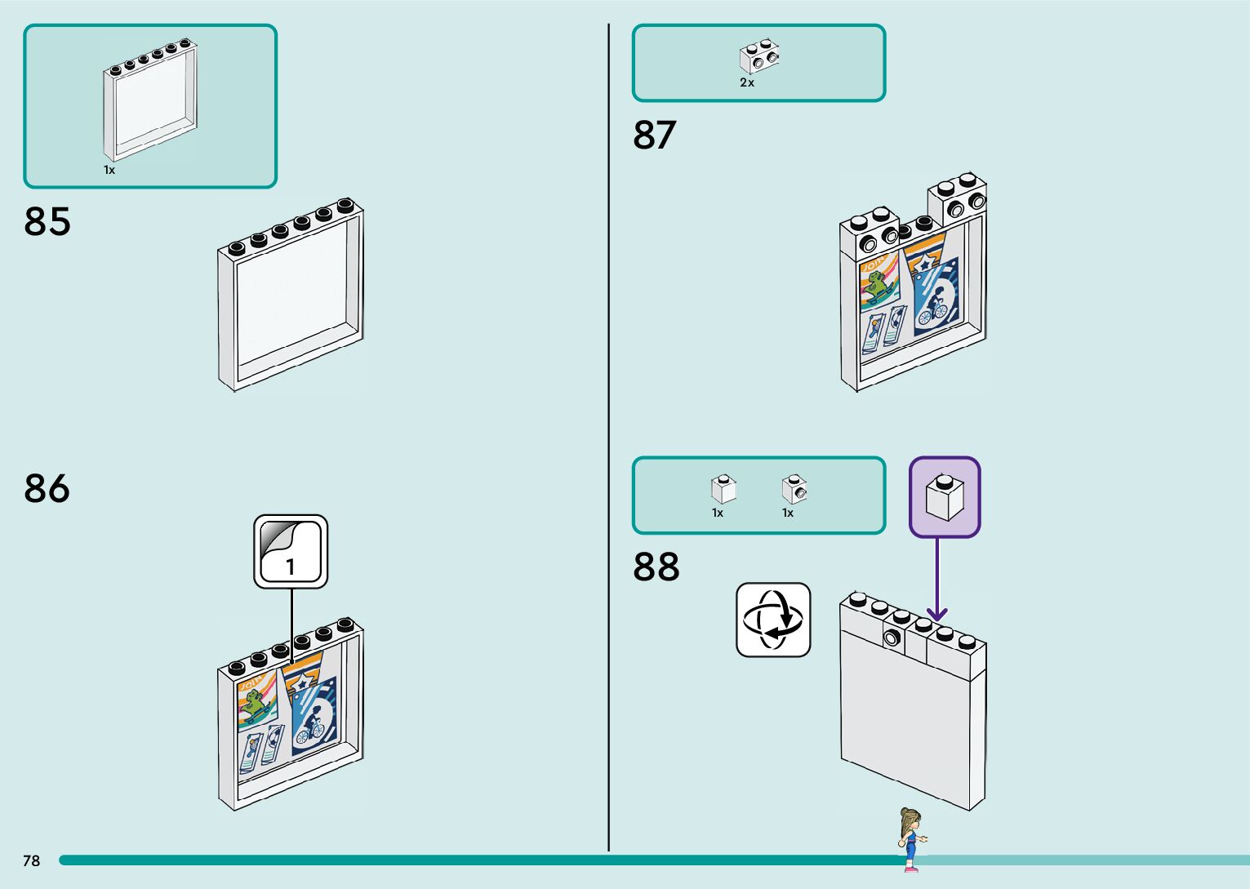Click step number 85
47,221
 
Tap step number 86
47,489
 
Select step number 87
655,136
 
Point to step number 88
656,567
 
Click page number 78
31,860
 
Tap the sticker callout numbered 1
291,552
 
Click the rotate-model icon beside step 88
773,620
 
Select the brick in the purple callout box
945,497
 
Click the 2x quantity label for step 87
747,82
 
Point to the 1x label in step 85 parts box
109,170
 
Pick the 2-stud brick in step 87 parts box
759,56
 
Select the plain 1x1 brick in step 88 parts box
723,489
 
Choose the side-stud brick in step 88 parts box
794,489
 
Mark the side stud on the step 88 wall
892,638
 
